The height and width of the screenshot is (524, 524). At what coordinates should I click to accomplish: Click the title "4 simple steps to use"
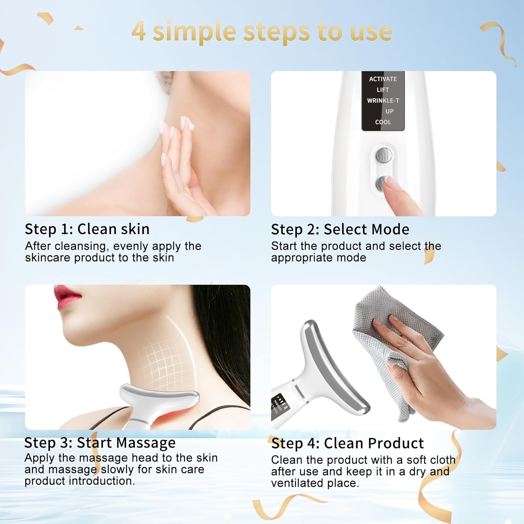tap(262, 31)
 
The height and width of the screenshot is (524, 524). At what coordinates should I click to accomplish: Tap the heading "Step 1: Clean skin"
tap(87, 229)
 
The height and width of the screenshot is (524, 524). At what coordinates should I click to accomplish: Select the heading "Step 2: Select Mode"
tap(340, 230)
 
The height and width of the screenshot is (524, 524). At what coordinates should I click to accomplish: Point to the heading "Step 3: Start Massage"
tap(100, 443)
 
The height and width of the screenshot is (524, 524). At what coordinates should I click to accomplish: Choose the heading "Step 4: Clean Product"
tap(347, 443)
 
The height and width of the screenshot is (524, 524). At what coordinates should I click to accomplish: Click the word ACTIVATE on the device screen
tap(383, 79)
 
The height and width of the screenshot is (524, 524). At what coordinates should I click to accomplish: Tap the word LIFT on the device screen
tap(383, 90)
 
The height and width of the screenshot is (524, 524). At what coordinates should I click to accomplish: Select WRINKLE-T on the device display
tap(383, 101)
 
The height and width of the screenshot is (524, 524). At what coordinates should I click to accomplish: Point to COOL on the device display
tap(383, 122)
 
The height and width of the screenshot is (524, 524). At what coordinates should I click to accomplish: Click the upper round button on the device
tap(384, 155)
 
